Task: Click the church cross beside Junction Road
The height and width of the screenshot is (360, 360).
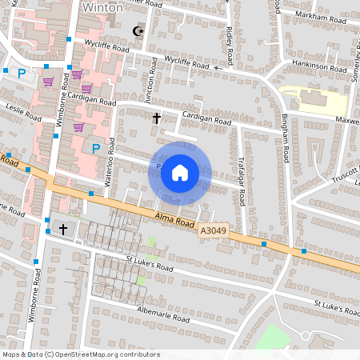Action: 156,118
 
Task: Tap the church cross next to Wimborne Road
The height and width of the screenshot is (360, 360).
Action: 63,230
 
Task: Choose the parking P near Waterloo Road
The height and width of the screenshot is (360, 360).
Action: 96,148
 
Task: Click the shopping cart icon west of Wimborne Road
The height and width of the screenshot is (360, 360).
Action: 48,82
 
